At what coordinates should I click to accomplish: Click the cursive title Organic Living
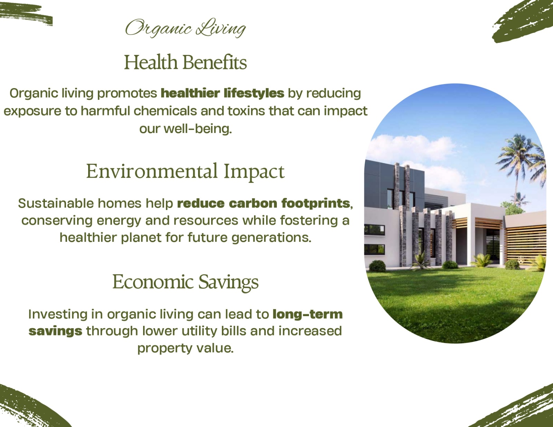click(x=186, y=28)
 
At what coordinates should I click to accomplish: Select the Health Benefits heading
click(x=186, y=62)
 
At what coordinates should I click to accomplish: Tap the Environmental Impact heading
click(x=185, y=171)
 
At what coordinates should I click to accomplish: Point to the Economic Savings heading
click(x=186, y=282)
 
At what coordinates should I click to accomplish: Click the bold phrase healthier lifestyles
click(x=223, y=93)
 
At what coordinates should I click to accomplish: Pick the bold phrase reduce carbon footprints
click(x=263, y=203)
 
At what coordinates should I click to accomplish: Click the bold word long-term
click(x=308, y=314)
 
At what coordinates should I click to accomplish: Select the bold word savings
click(x=56, y=331)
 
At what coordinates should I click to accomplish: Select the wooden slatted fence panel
click(x=525, y=244)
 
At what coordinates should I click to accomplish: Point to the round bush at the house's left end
click(x=377, y=266)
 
